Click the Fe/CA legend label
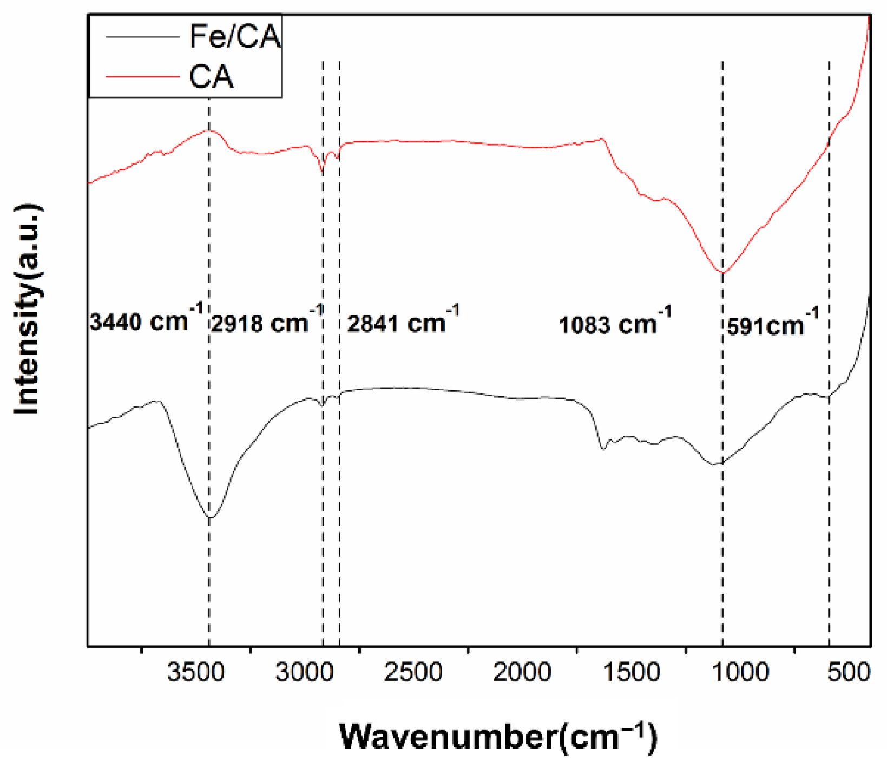pyautogui.click(x=235, y=36)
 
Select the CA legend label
pyautogui.click(x=212, y=77)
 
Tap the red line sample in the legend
pyautogui.click(x=142, y=77)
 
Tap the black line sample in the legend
pyautogui.click(x=142, y=36)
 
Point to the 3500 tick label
pyautogui.click(x=195, y=673)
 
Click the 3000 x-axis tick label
pyautogui.click(x=304, y=673)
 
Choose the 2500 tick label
pyautogui.click(x=413, y=673)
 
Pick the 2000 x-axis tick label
pyautogui.click(x=522, y=673)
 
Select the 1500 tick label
pyautogui.click(x=631, y=673)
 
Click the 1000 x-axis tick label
pyautogui.click(x=740, y=673)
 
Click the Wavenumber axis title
pyautogui.click(x=498, y=736)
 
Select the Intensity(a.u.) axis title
pyautogui.click(x=27, y=310)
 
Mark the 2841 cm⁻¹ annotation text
pyautogui.click(x=403, y=321)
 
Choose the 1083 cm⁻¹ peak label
pyautogui.click(x=615, y=323)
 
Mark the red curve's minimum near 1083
pyautogui.click(x=722, y=272)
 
